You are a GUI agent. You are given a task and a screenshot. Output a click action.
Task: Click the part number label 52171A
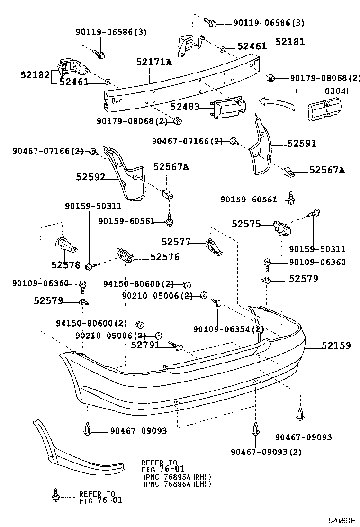pyautogui.click(x=154, y=62)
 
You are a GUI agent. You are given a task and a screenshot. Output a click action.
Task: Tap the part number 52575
pyautogui.click(x=246, y=224)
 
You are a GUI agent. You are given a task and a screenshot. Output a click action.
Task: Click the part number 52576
pyautogui.click(x=165, y=257)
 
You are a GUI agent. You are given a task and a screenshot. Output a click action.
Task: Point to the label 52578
pyautogui.click(x=66, y=265)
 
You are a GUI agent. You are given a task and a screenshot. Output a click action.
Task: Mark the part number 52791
pyautogui.click(x=145, y=345)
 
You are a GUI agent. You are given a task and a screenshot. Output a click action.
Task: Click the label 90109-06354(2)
pyautogui.click(x=229, y=329)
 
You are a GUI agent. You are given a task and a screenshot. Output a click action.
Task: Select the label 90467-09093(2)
pyautogui.click(x=266, y=452)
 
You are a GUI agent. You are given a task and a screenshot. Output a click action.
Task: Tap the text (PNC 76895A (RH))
pyautogui.click(x=177, y=477)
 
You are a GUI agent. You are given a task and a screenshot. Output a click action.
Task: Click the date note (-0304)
pyautogui.click(x=322, y=91)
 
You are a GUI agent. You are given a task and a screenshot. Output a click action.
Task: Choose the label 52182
pyautogui.click(x=35, y=74)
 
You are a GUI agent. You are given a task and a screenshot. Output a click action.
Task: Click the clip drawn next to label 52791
pyautogui.click(x=176, y=347)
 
